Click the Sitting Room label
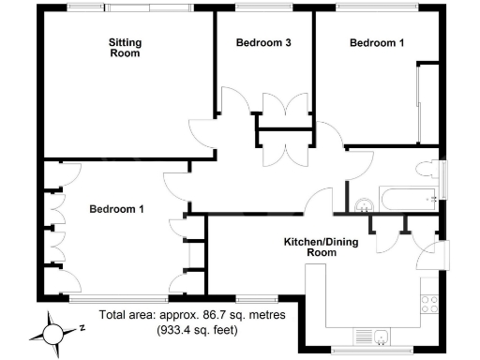[x=124, y=48]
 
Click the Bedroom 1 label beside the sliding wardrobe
[x=377, y=42]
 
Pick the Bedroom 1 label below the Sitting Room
[x=116, y=209]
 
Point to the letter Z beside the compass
[x=82, y=327]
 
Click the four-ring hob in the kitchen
[x=432, y=305]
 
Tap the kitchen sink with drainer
[x=375, y=338]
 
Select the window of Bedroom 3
[x=263, y=8]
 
